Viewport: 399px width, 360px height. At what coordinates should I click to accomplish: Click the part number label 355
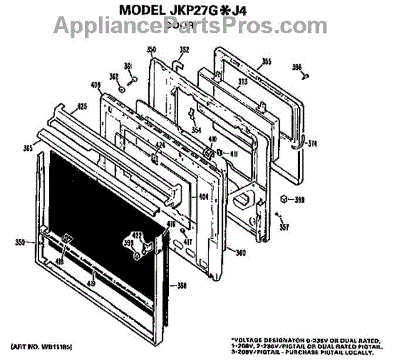click(266, 62)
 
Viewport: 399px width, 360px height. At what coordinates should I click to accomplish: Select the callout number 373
click(243, 82)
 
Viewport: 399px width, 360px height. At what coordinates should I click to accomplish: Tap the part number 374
click(313, 143)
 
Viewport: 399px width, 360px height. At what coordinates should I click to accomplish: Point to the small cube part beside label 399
click(283, 199)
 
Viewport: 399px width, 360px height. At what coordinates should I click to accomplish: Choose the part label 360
click(241, 252)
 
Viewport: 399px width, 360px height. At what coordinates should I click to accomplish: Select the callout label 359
click(21, 242)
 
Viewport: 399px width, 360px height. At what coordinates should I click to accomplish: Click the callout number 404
click(203, 197)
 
